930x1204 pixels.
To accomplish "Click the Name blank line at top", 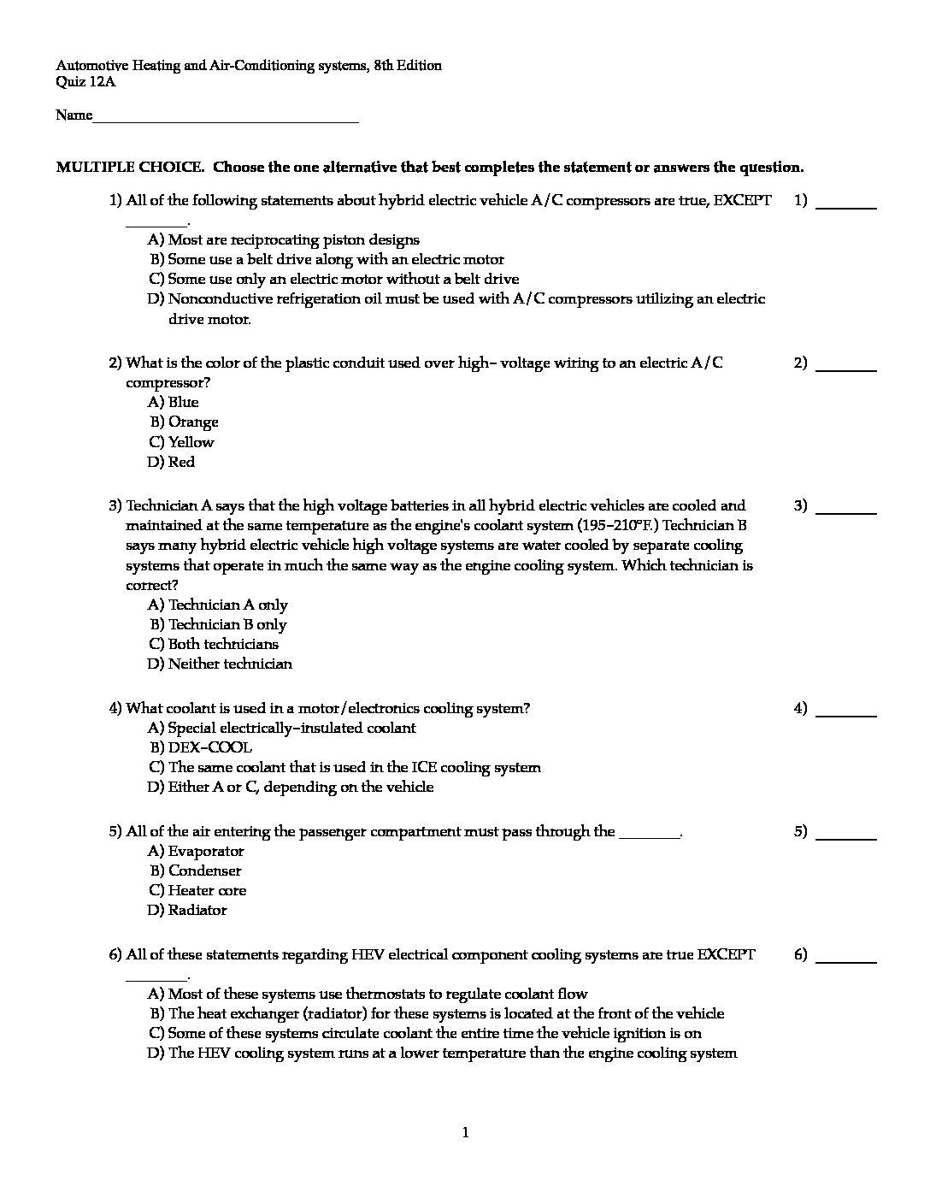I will click(x=226, y=117).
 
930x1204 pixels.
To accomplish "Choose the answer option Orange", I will click(x=192, y=422).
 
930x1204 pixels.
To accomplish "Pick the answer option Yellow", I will click(x=191, y=442).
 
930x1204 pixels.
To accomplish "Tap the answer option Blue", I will click(x=183, y=403).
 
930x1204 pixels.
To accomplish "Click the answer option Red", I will click(x=181, y=463).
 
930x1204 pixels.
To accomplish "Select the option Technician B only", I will click(x=227, y=625).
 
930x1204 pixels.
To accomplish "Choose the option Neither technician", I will click(x=229, y=664).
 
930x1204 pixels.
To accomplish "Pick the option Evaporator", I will click(x=205, y=852).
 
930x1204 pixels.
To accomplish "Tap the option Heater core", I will click(x=207, y=891).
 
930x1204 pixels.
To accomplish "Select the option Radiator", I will click(x=197, y=911).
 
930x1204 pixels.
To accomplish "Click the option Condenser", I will click(x=204, y=871).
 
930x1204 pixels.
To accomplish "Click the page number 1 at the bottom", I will click(x=465, y=1134).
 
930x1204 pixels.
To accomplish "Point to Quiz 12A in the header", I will click(x=85, y=83).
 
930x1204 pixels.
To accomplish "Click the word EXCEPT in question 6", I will click(x=726, y=955).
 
